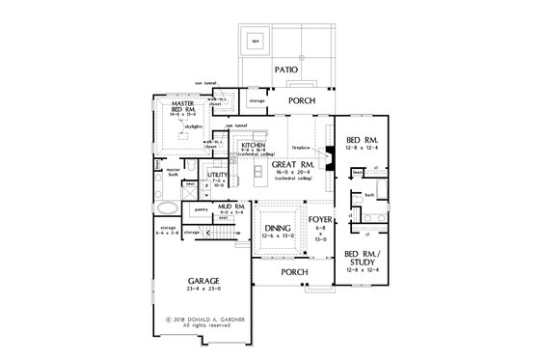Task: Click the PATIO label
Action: coord(284,70)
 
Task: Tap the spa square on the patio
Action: coord(256,42)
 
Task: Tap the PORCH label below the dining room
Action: coord(294,272)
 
